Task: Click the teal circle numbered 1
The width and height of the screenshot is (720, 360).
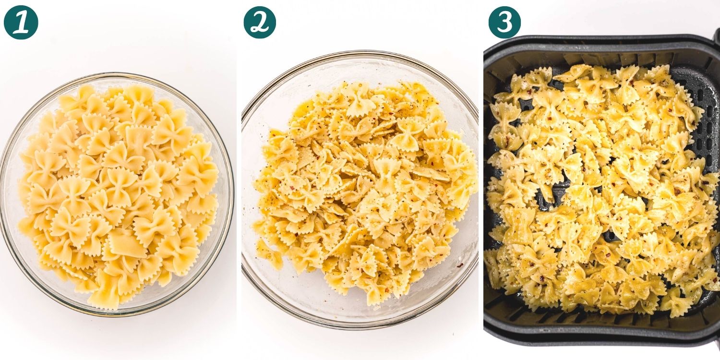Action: pos(21,22)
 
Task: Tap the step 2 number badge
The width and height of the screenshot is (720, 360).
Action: pos(260,22)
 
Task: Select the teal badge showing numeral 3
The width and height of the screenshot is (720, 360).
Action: pos(504,22)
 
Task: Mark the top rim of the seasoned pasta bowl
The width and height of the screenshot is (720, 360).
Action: pos(360,52)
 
